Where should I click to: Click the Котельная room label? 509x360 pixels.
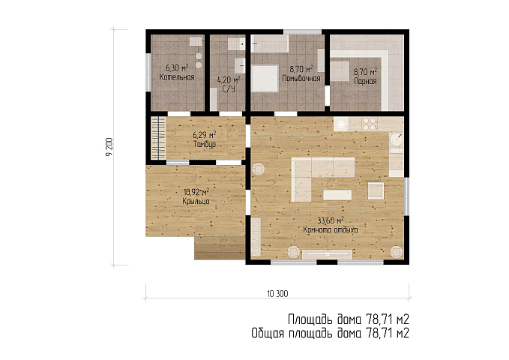coord(177,77)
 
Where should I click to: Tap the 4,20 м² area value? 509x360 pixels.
coord(229,79)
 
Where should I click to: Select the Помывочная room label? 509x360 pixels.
coord(301,78)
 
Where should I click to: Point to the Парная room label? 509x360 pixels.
coord(365,81)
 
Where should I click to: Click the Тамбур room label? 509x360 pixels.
coord(205,144)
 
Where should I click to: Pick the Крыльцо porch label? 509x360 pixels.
coord(196,202)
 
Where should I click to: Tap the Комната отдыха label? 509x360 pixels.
coord(331,229)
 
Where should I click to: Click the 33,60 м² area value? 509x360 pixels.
coord(331,220)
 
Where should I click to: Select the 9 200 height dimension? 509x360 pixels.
coord(109,147)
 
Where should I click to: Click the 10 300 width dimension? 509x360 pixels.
coord(277,294)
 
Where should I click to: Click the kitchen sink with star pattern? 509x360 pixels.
coord(341,124)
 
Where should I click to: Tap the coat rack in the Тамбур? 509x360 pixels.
coord(158,138)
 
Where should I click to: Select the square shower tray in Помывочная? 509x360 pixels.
coord(265,78)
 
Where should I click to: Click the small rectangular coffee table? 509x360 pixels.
coord(337,195)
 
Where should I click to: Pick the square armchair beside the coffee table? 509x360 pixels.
coord(376,190)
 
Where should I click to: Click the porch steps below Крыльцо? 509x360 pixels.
coord(220,248)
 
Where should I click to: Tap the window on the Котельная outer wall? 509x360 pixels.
coord(148,73)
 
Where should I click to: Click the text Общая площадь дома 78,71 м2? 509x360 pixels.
coord(330,333)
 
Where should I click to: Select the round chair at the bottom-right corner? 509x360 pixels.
coord(397,252)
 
